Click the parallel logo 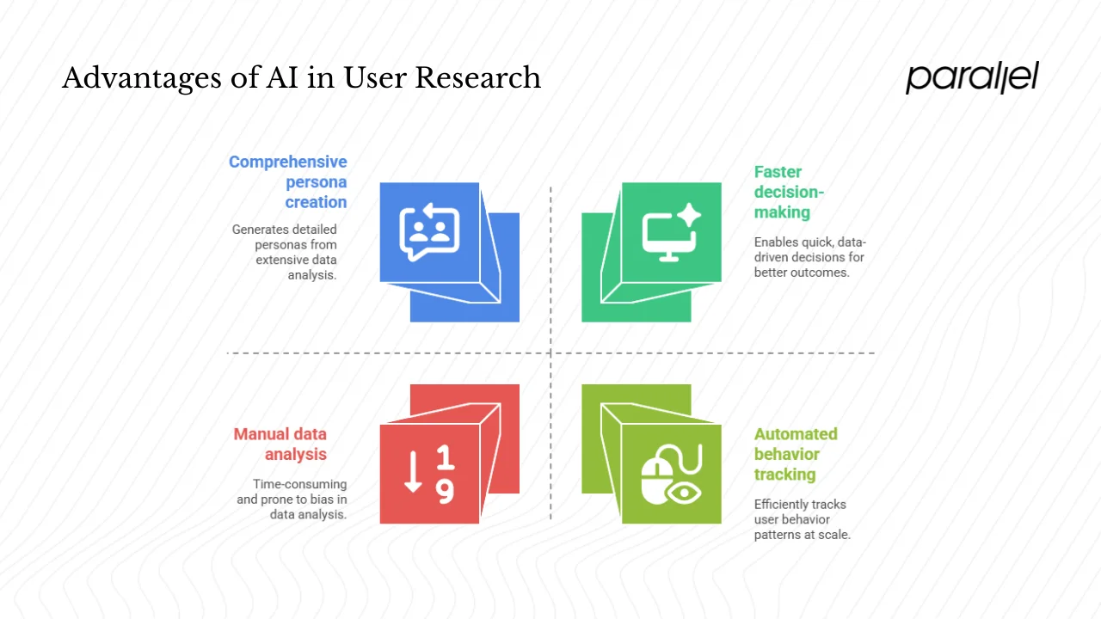972,77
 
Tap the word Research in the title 477,78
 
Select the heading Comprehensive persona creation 288,182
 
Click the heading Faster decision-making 789,192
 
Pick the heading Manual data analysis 280,444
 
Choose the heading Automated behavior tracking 796,454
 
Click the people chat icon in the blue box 429,232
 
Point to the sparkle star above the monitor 688,216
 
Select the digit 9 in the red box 445,491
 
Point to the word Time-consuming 299,484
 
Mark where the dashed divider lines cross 550,352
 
